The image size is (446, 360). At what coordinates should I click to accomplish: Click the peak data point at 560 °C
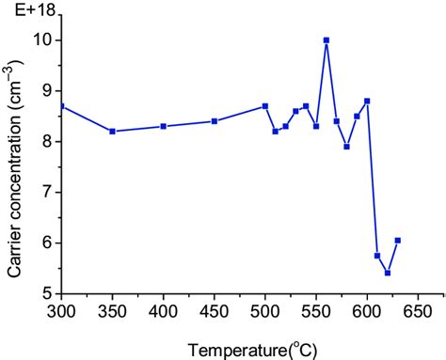[327, 40]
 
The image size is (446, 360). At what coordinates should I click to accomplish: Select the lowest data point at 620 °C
[388, 273]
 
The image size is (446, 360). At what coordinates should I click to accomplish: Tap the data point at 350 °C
[113, 132]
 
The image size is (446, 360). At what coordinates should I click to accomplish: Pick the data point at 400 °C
[164, 126]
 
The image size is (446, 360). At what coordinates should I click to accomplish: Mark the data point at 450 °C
[215, 121]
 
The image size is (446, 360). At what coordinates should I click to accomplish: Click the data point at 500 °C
[265, 106]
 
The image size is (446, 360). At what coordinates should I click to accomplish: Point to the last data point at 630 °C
[398, 241]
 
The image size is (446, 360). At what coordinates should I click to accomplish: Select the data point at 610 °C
[377, 256]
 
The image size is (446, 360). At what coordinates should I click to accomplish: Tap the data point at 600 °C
[367, 101]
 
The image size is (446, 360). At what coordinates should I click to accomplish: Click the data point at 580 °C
[347, 147]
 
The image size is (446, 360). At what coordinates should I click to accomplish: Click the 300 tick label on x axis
[62, 309]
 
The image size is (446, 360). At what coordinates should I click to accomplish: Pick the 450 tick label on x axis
[215, 309]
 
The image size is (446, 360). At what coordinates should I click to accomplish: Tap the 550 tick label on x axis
[316, 309]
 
